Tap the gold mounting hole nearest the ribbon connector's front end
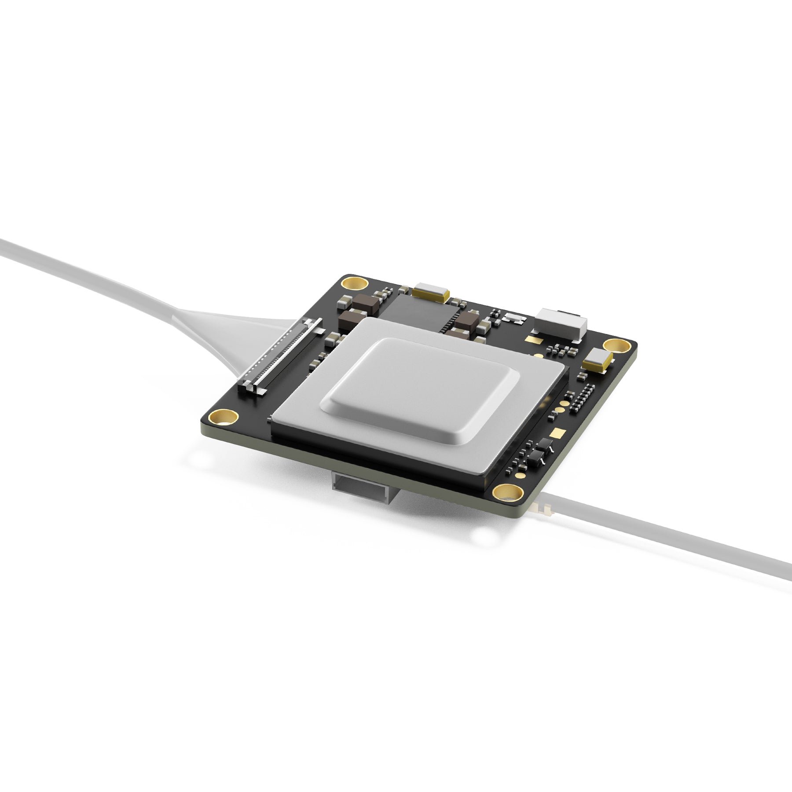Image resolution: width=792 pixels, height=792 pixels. click(x=224, y=416)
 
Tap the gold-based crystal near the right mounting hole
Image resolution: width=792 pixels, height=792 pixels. click(x=598, y=359)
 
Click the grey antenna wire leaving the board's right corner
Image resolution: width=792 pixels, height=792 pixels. click(x=660, y=533)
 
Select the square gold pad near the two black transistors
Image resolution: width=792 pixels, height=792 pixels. click(x=558, y=433)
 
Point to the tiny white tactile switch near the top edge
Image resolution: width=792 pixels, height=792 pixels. click(x=514, y=317)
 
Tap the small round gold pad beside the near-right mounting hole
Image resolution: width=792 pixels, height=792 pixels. click(x=520, y=475)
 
